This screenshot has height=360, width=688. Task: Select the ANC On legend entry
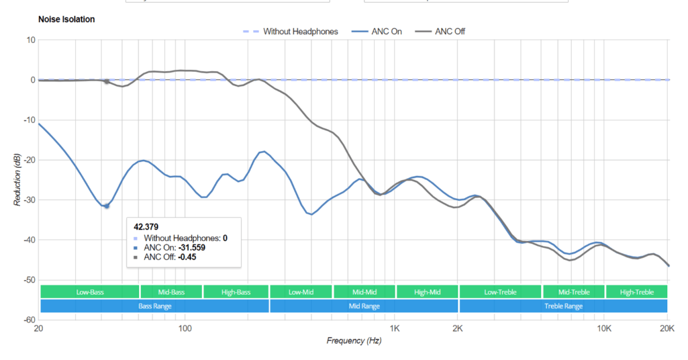(386, 32)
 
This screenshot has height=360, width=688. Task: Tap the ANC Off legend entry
(450, 32)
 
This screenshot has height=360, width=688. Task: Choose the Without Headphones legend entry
(300, 32)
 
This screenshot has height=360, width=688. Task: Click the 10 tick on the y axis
(30, 40)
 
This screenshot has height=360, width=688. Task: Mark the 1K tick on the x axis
(394, 328)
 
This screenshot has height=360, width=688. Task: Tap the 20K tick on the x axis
(667, 328)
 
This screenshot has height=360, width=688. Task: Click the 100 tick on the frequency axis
(185, 328)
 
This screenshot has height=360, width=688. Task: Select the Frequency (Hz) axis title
(354, 341)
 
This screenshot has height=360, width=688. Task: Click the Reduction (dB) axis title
(19, 179)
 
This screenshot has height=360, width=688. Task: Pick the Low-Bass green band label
(90, 292)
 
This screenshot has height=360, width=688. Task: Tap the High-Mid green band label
(427, 292)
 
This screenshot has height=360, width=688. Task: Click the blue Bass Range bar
(154, 306)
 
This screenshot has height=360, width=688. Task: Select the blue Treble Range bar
(563, 306)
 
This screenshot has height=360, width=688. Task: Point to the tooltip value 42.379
(146, 226)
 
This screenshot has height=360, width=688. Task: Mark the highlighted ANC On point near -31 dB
(106, 206)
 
